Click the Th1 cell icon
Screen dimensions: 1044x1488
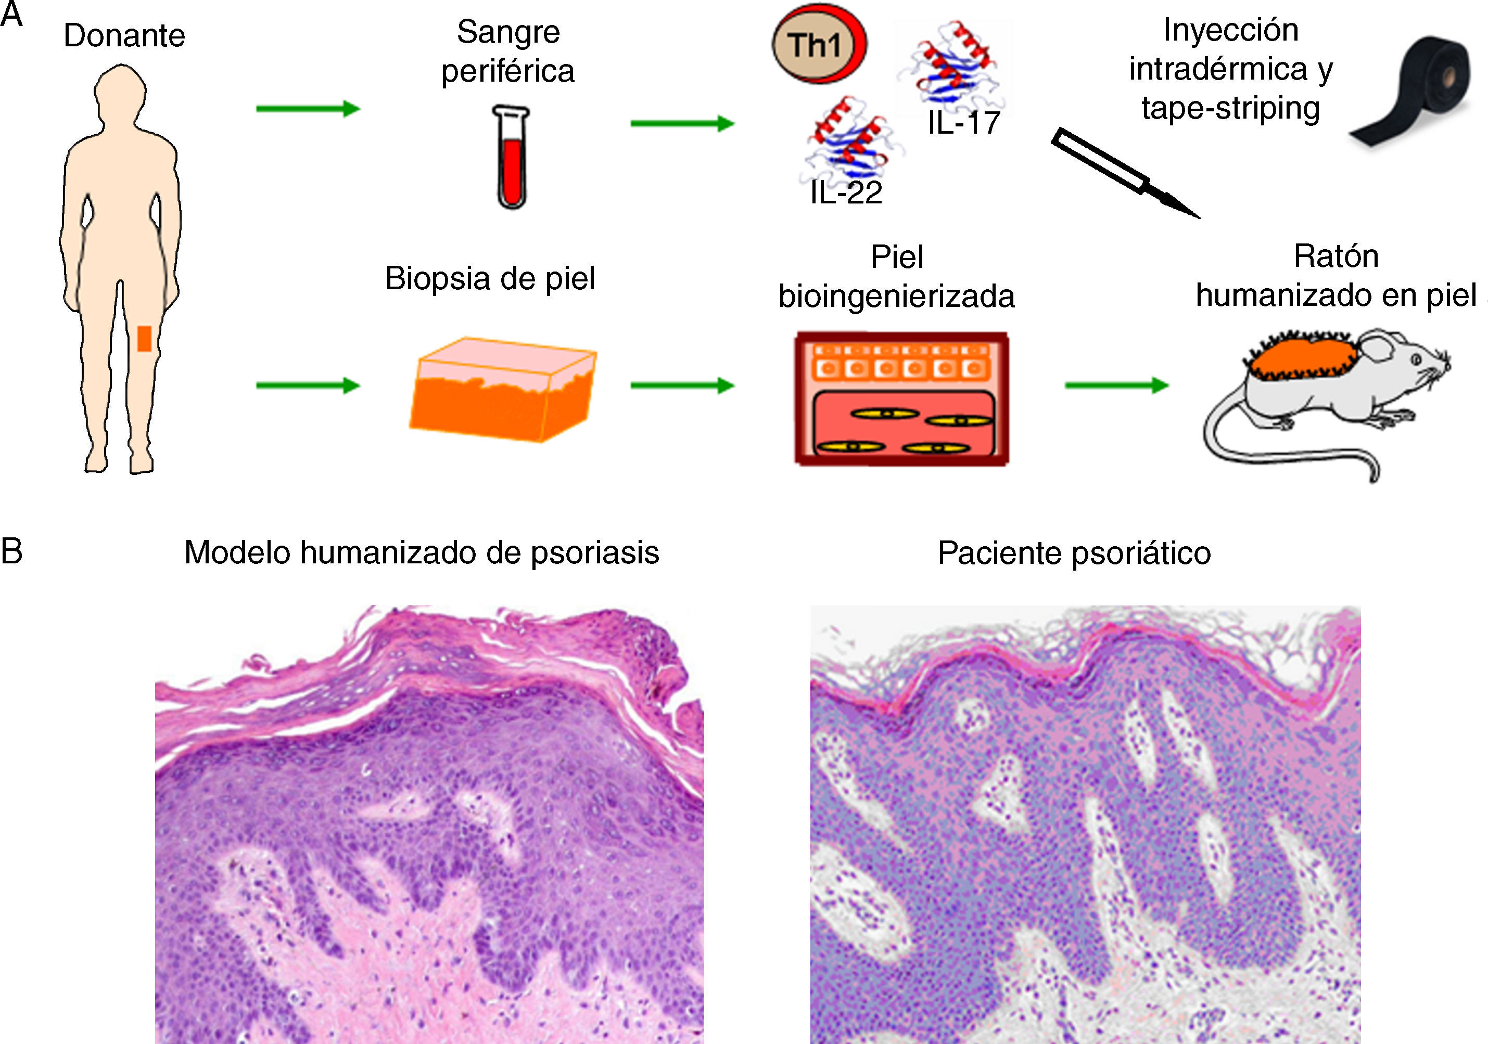[818, 45]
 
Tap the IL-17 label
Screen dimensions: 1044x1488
[964, 123]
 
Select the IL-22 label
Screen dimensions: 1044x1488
[846, 192]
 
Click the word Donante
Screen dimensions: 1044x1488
[124, 35]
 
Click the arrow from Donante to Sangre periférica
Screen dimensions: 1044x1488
[308, 108]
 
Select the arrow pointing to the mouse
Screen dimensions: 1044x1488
[1116, 386]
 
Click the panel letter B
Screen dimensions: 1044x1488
[11, 551]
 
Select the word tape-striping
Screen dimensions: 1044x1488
[1230, 108]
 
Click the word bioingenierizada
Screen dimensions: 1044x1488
[896, 296]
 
